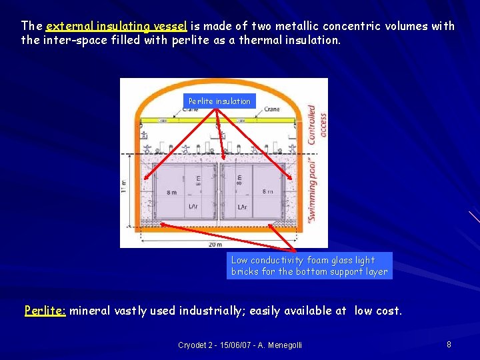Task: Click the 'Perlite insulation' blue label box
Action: coord(219,101)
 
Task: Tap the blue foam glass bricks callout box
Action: coord(309,265)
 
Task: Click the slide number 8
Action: coord(449,345)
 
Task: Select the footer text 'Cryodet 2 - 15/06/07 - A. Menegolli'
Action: coord(240,345)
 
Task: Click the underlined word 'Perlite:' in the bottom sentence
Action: coord(45,311)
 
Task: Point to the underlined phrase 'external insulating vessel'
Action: coord(117,27)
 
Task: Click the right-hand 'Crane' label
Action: coord(271,109)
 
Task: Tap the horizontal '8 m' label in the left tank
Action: coord(172,192)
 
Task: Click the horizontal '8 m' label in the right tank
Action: coord(267,192)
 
